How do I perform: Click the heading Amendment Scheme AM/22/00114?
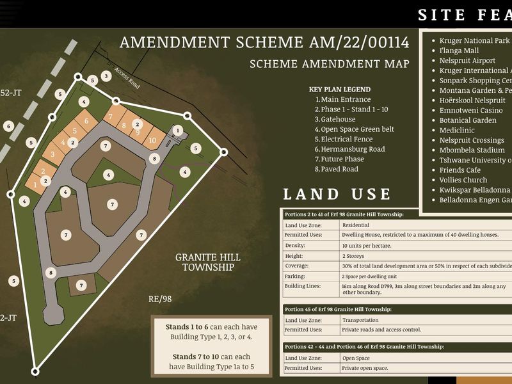click(264, 43)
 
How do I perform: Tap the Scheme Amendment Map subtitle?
click(329, 64)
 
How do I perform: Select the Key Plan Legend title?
click(339, 90)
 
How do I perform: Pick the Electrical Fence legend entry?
click(346, 139)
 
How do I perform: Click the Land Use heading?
click(337, 194)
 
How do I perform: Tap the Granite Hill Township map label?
click(208, 262)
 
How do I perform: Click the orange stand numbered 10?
click(152, 140)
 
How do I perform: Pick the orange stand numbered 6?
click(86, 121)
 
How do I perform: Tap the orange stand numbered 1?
click(35, 184)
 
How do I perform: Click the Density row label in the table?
click(295, 245)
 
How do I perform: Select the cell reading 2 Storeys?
click(354, 255)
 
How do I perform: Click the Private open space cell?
click(365, 368)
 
